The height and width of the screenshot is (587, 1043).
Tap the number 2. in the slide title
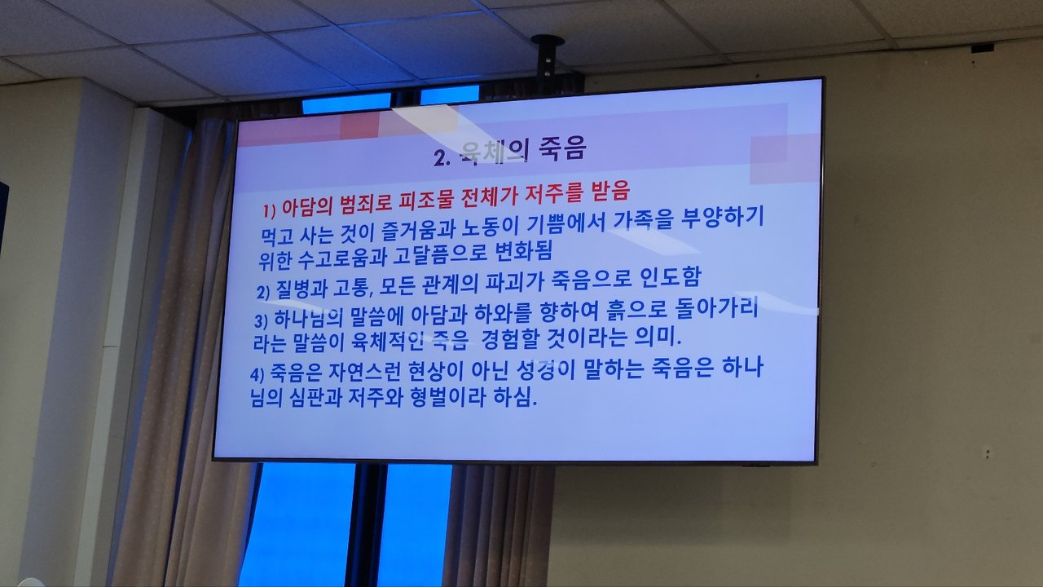pyautogui.click(x=442, y=158)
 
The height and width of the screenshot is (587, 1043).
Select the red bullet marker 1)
pyautogui.click(x=270, y=211)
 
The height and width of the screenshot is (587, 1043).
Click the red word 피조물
pyautogui.click(x=426, y=201)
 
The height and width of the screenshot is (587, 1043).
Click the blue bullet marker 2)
pyautogui.click(x=263, y=292)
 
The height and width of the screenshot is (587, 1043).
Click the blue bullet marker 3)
pyautogui.click(x=261, y=321)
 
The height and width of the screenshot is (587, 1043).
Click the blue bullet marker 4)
pyautogui.click(x=257, y=374)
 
